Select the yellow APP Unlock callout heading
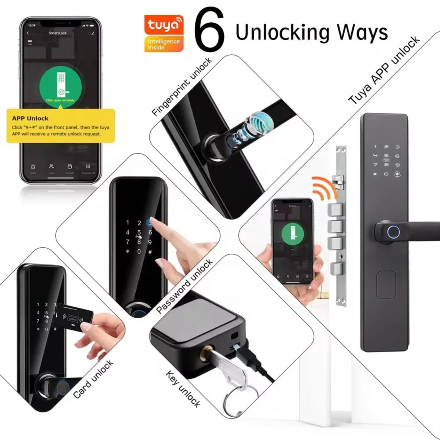pos(30,118)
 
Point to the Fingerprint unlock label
pos(182,87)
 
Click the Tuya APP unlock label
pos(384,70)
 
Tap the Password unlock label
pos(184,286)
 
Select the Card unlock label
pos(93,379)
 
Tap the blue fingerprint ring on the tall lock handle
pos(394,233)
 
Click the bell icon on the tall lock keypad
pos(398,174)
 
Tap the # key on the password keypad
pos(150,252)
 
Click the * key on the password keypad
pos(127,251)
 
